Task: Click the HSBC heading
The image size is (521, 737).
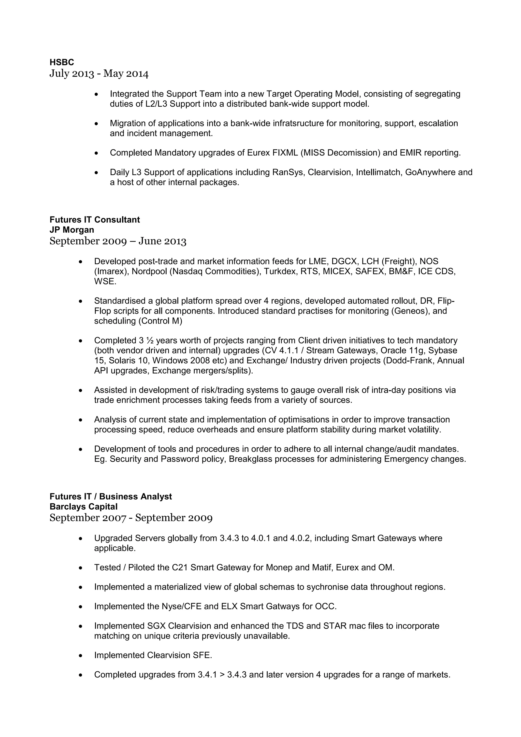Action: tap(62, 62)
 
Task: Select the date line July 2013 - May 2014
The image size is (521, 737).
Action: tap(99, 74)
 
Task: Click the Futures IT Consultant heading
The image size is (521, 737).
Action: tap(95, 220)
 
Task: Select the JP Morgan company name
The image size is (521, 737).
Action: tap(71, 230)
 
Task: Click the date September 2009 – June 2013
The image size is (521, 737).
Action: tap(118, 241)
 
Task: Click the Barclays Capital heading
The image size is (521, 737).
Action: tap(83, 507)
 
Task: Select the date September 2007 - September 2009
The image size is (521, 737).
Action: tap(131, 518)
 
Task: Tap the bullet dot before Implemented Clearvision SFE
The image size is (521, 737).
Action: tap(81, 656)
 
